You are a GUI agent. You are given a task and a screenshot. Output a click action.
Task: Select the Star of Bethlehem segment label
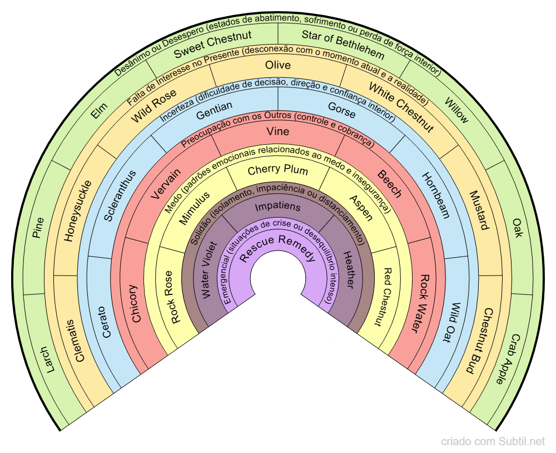(x=342, y=46)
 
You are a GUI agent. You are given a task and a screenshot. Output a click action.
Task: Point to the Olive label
(x=278, y=65)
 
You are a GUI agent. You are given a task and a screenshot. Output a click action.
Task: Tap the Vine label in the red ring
(x=277, y=132)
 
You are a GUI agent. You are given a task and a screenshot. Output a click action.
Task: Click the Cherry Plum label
(x=277, y=169)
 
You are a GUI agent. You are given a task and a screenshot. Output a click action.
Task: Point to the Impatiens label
(x=277, y=207)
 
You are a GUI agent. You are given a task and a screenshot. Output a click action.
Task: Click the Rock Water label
(x=424, y=303)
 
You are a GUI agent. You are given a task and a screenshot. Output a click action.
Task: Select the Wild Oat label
(x=454, y=322)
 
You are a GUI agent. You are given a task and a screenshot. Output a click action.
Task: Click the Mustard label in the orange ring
(x=479, y=210)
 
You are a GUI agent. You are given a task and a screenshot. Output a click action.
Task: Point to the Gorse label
(x=341, y=110)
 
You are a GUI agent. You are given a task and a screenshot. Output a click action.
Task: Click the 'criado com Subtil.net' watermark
(x=493, y=441)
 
